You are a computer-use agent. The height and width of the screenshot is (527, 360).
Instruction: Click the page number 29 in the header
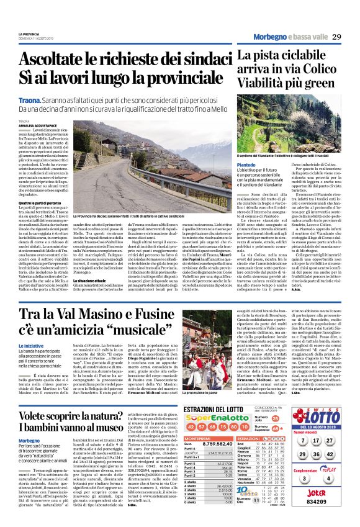(337, 37)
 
